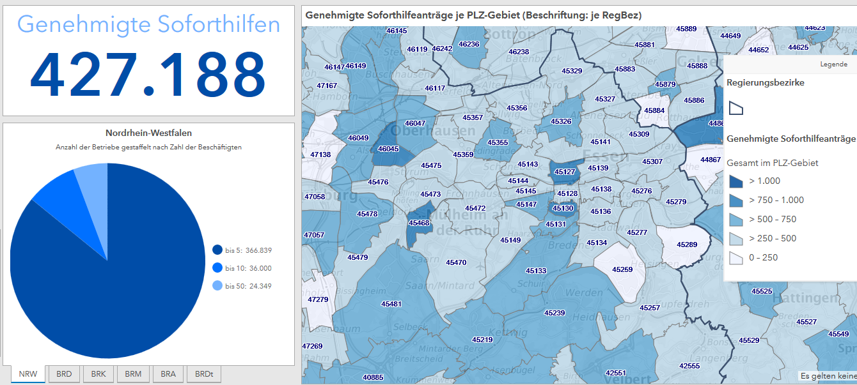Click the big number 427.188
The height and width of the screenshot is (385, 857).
point(148,74)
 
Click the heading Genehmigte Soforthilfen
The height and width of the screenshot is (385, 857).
point(148,24)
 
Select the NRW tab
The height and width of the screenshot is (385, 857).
point(28,374)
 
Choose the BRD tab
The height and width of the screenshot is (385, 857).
point(64,374)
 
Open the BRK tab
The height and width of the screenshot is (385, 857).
point(98,374)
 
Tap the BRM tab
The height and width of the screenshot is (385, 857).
point(133,374)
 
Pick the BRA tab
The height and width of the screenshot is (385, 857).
point(168,374)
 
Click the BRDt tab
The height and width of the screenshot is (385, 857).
point(204,374)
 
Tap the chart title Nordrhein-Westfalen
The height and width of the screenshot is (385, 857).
point(148,133)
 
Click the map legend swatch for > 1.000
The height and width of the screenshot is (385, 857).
point(736,181)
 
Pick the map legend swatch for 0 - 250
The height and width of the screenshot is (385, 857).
point(736,258)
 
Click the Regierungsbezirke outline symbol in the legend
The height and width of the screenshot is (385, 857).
point(736,108)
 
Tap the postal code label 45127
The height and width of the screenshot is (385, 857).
point(565,172)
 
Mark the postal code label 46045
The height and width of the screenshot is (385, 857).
point(388,149)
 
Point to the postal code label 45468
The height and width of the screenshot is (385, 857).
point(419,223)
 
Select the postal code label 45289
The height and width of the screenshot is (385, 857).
point(687,245)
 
